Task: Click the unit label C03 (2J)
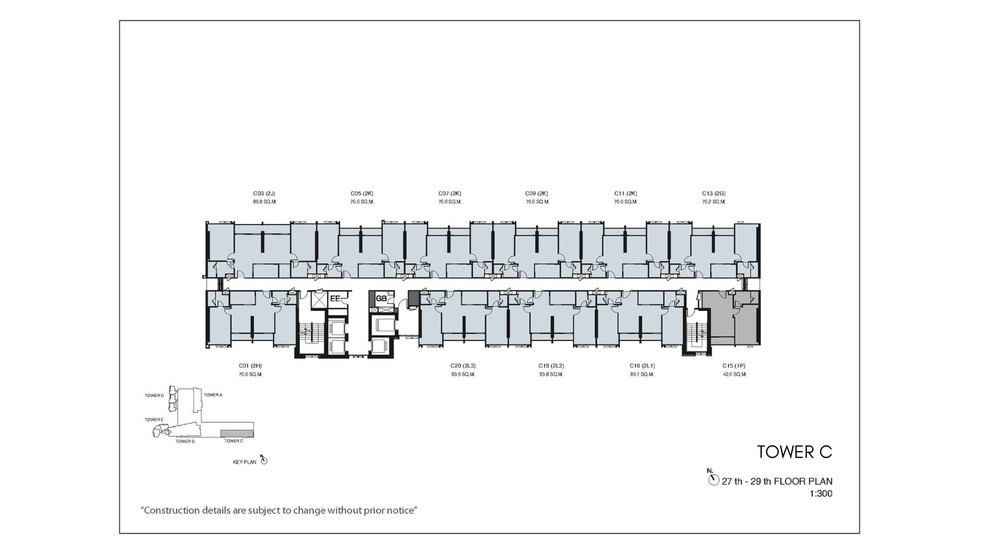(264, 194)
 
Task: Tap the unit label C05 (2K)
(362, 194)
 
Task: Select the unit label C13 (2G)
(714, 194)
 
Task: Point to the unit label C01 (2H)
(250, 366)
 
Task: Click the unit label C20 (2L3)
(463, 366)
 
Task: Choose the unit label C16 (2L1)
(642, 366)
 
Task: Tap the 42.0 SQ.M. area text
(734, 375)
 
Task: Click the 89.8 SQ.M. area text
(264, 202)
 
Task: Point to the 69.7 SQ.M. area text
(642, 375)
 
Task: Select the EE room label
(335, 298)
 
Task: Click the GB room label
(381, 298)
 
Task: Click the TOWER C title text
(795, 452)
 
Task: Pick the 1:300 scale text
(821, 494)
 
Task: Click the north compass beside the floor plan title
(713, 479)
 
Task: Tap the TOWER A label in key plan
(213, 395)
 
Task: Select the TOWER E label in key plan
(154, 420)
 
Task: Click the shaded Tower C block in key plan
(237, 433)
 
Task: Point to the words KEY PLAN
(245, 463)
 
